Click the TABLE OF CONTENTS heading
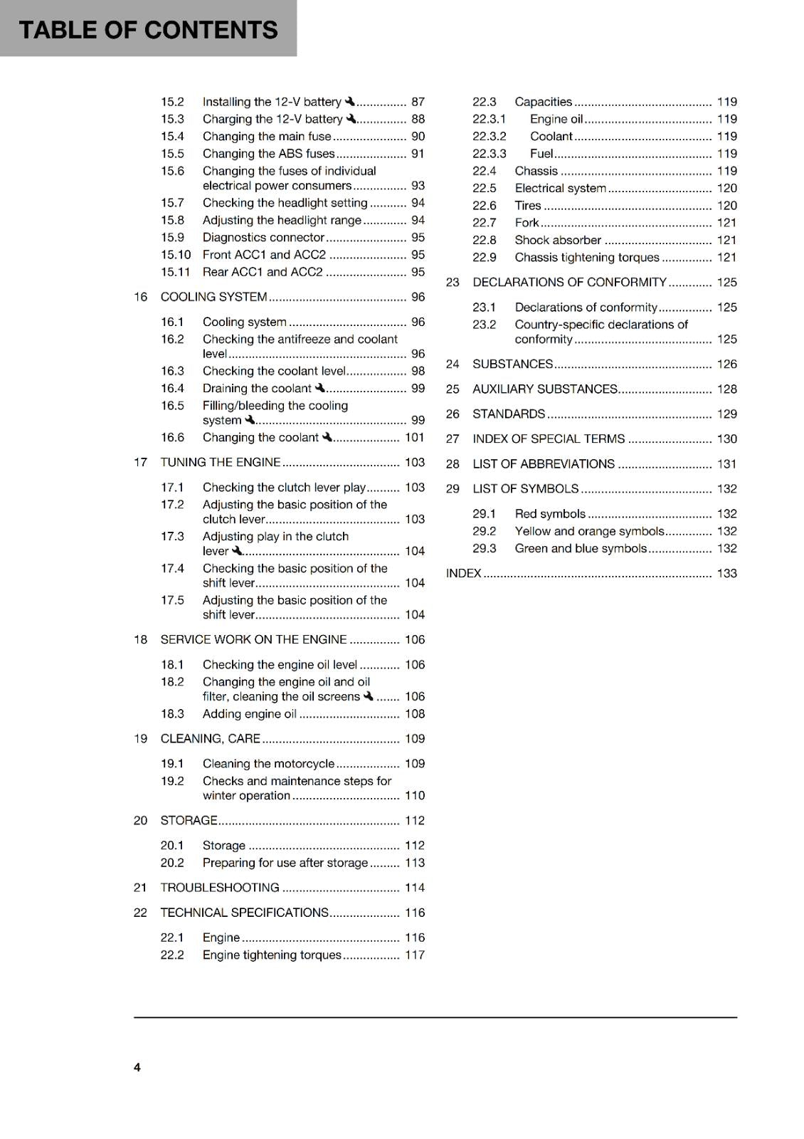click(x=148, y=30)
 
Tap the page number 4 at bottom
click(x=137, y=1067)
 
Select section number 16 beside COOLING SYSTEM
click(x=140, y=297)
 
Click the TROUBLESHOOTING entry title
click(x=220, y=888)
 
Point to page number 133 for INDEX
click(x=726, y=573)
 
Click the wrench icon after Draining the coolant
click(x=320, y=388)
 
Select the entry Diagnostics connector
click(x=263, y=237)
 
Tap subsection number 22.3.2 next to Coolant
click(x=490, y=136)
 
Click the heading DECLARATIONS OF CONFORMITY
click(x=569, y=282)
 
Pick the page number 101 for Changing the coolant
click(x=415, y=437)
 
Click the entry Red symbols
click(x=550, y=513)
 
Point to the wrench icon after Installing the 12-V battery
click(x=349, y=101)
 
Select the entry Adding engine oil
click(x=249, y=713)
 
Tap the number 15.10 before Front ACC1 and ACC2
click(x=176, y=254)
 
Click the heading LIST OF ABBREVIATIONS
click(x=544, y=463)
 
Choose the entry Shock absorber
click(x=558, y=240)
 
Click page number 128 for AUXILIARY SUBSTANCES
click(x=726, y=389)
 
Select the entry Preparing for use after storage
click(x=285, y=862)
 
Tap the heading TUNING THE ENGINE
click(x=221, y=462)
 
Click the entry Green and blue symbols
click(x=581, y=548)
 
